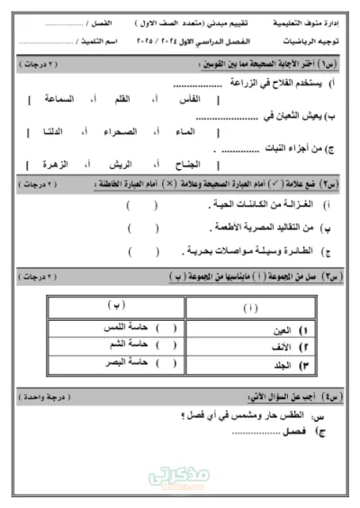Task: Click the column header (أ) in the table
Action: point(249,308)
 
